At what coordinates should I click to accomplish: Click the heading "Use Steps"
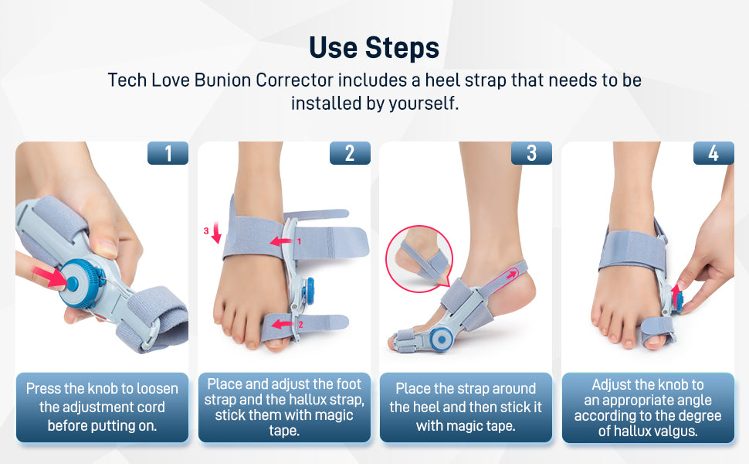tap(374, 47)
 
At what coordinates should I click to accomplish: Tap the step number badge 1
tap(168, 153)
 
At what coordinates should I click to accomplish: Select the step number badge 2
tap(350, 153)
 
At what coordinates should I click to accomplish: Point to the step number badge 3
tap(531, 153)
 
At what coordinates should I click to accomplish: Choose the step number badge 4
tap(713, 153)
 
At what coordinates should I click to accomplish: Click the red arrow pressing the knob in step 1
tap(51, 278)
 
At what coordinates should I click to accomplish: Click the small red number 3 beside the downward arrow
tap(206, 230)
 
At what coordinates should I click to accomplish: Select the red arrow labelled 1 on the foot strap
tap(282, 241)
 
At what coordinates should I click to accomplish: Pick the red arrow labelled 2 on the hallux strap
tap(283, 324)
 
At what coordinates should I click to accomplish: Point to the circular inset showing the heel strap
tap(419, 259)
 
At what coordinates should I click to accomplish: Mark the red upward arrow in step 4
tap(676, 295)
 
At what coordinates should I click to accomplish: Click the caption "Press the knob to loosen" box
tap(102, 407)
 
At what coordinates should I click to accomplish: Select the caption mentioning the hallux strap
tap(284, 407)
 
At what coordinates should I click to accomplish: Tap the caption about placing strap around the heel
tap(466, 407)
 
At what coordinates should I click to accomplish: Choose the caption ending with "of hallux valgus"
tap(648, 407)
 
